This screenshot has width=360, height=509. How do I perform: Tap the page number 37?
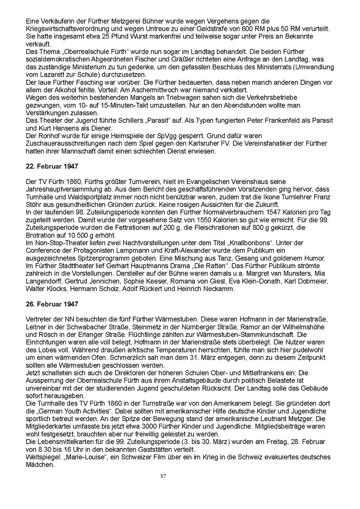163,476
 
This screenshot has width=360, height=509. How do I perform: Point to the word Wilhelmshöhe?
303,327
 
